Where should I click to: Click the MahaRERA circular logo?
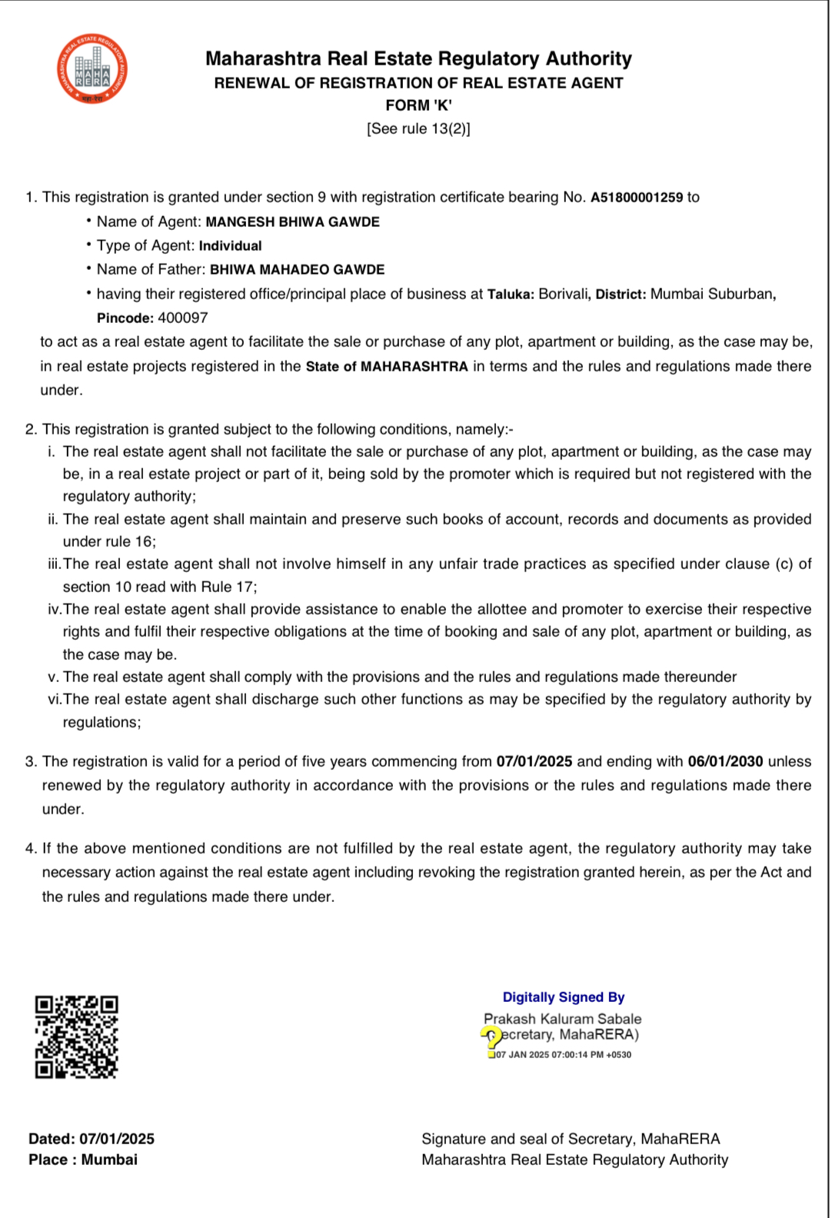(x=92, y=69)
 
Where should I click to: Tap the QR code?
(x=76, y=1037)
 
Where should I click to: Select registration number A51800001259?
(x=636, y=198)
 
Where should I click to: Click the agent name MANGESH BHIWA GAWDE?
(x=292, y=222)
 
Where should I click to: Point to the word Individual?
(x=230, y=246)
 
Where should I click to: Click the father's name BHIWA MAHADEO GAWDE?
(x=297, y=270)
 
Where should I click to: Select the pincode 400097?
(x=183, y=318)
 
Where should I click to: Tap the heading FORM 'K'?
(x=418, y=105)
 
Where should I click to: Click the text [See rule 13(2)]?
(x=418, y=128)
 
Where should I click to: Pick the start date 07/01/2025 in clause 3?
(x=534, y=761)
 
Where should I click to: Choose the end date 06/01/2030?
(x=725, y=761)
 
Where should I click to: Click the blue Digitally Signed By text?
(x=563, y=997)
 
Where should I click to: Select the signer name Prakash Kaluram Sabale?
(x=562, y=1019)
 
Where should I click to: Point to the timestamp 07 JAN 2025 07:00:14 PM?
(x=563, y=1055)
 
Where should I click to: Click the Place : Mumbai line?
(x=83, y=1160)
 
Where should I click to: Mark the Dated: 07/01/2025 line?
(x=92, y=1139)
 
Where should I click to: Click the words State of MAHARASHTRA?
(x=387, y=367)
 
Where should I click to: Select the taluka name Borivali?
(x=563, y=295)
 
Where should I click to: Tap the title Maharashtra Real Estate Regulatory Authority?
(x=418, y=59)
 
